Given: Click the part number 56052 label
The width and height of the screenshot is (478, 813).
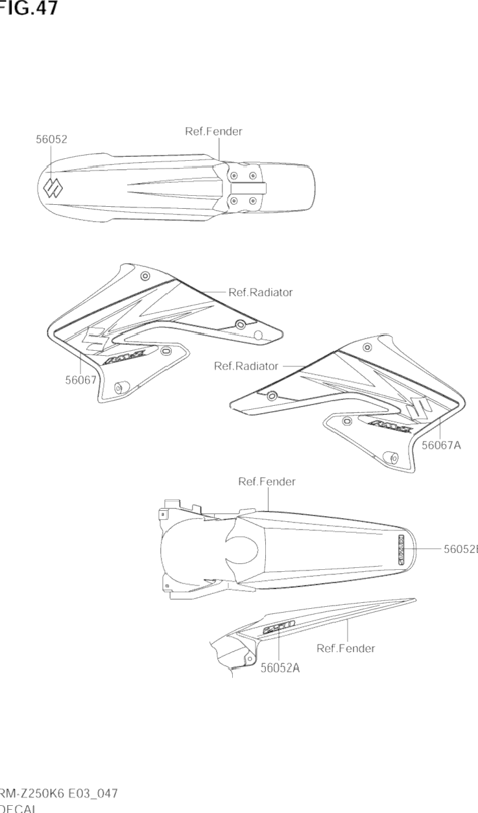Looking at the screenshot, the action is coord(51,139).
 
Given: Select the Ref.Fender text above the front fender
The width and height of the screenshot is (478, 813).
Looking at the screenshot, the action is coord(213,132).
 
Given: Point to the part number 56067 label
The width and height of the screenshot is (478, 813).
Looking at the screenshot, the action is coord(80,381).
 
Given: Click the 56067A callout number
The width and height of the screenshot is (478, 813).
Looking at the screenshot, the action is coord(441,445).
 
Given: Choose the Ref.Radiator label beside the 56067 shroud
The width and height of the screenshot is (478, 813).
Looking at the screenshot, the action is coord(260,292).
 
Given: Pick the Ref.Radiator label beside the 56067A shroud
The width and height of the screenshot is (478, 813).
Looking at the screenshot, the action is coord(246,366).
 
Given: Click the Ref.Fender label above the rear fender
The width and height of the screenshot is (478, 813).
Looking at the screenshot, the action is coord(267,482).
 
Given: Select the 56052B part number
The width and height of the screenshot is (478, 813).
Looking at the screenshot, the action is coord(460,549).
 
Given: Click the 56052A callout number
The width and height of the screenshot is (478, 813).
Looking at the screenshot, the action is coord(280,669).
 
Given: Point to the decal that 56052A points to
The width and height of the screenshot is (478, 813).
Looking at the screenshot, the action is coord(278,626).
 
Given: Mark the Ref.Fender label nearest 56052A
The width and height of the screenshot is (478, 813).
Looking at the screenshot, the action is coord(346,648).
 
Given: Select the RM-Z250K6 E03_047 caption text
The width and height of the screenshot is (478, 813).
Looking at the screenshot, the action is coord(58,794).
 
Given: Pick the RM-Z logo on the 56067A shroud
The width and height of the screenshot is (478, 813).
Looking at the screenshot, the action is coord(384,425).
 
